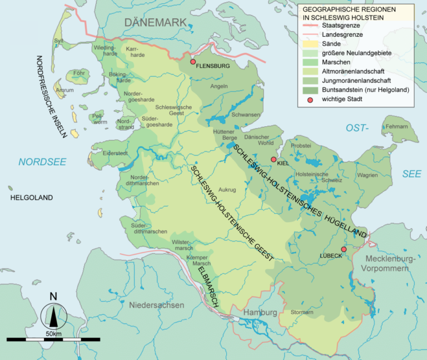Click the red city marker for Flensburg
pyautogui.click(x=193, y=62)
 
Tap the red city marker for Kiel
pyautogui.click(x=273, y=160)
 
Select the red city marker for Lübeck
pyautogui.click(x=344, y=249)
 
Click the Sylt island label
pyautogui.click(x=58, y=41)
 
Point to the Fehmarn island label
pyautogui.click(x=396, y=126)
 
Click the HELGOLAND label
pyautogui.click(x=31, y=198)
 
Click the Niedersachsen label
pyautogui.click(x=156, y=305)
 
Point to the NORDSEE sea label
pyautogui.click(x=42, y=162)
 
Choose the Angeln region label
pyautogui.click(x=220, y=86)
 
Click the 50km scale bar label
pyautogui.click(x=53, y=333)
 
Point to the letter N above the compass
pyautogui.click(x=53, y=296)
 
